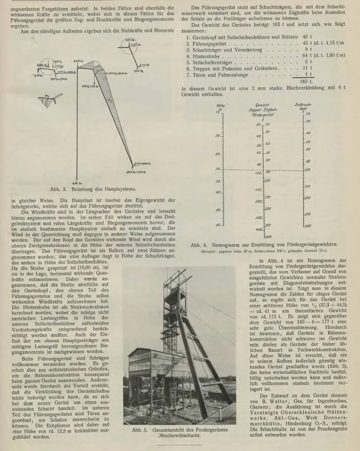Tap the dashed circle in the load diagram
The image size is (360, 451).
coord(128,45)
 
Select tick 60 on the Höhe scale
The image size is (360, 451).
coord(217,225)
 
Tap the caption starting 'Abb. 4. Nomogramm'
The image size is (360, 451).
coord(264,244)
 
